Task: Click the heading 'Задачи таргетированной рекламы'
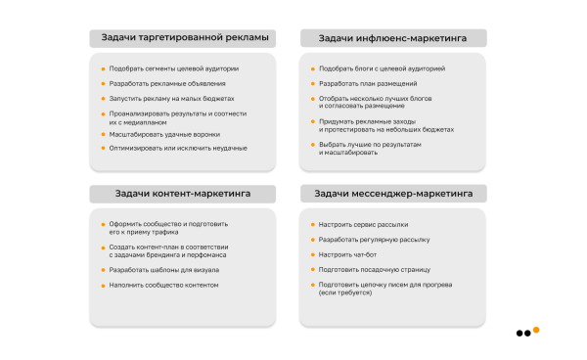click(x=183, y=38)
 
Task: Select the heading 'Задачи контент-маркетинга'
click(x=183, y=194)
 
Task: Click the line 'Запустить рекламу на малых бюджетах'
click(x=166, y=99)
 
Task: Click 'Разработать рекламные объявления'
click(x=160, y=84)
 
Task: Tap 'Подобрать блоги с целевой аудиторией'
click(x=382, y=68)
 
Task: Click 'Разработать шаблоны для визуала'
click(x=163, y=269)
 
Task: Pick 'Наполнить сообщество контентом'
click(x=163, y=285)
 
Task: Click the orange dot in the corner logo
click(x=536, y=330)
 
